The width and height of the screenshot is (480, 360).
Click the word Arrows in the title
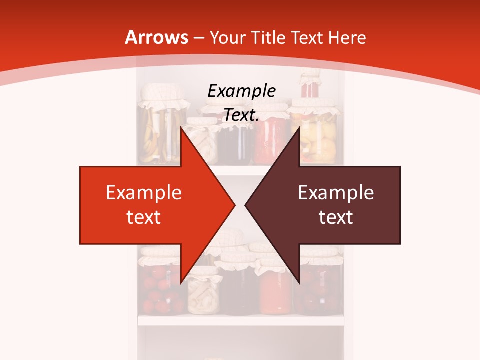point(156,37)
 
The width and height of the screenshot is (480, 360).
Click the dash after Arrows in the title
point(198,38)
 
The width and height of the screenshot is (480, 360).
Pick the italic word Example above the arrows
point(242,91)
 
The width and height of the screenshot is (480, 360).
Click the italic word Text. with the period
point(241,115)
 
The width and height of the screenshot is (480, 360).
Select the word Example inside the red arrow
point(144,193)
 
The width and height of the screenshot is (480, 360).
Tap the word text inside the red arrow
point(144,217)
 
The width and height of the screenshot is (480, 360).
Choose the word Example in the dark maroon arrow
point(336,193)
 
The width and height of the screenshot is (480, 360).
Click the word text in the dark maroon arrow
point(336,217)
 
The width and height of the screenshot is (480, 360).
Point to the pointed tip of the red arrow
point(235,205)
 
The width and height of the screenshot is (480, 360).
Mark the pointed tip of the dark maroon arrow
point(245,205)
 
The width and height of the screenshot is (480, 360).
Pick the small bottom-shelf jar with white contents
point(204,295)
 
